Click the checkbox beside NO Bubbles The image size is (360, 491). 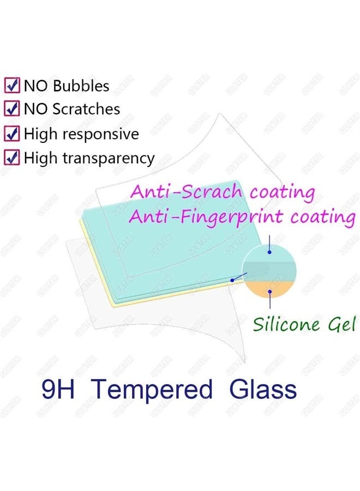(x=12, y=86)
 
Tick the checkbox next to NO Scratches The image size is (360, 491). (x=12, y=109)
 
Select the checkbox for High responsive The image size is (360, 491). (x=12, y=134)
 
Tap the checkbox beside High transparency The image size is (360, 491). (x=12, y=158)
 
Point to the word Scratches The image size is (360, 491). (x=86, y=109)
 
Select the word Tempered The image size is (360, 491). (x=152, y=391)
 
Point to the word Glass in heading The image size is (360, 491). (x=263, y=390)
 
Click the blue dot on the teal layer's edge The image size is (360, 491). (x=232, y=280)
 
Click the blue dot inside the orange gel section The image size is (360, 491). (x=269, y=291)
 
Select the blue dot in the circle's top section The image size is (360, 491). (x=269, y=253)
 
